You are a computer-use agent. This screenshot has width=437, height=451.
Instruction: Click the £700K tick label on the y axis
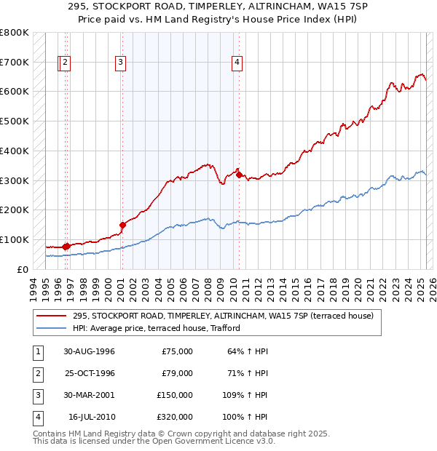(x=15, y=63)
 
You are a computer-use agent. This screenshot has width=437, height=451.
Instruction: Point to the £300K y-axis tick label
(x=15, y=180)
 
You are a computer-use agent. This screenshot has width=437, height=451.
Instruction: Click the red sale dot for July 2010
(x=239, y=175)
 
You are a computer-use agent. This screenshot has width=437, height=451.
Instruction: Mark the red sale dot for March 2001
(x=122, y=225)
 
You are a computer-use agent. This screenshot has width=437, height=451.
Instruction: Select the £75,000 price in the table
(x=177, y=351)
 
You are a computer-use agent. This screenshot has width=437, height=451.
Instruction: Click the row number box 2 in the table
(x=37, y=373)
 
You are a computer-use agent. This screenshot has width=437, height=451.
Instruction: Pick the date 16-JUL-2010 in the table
(x=91, y=417)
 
